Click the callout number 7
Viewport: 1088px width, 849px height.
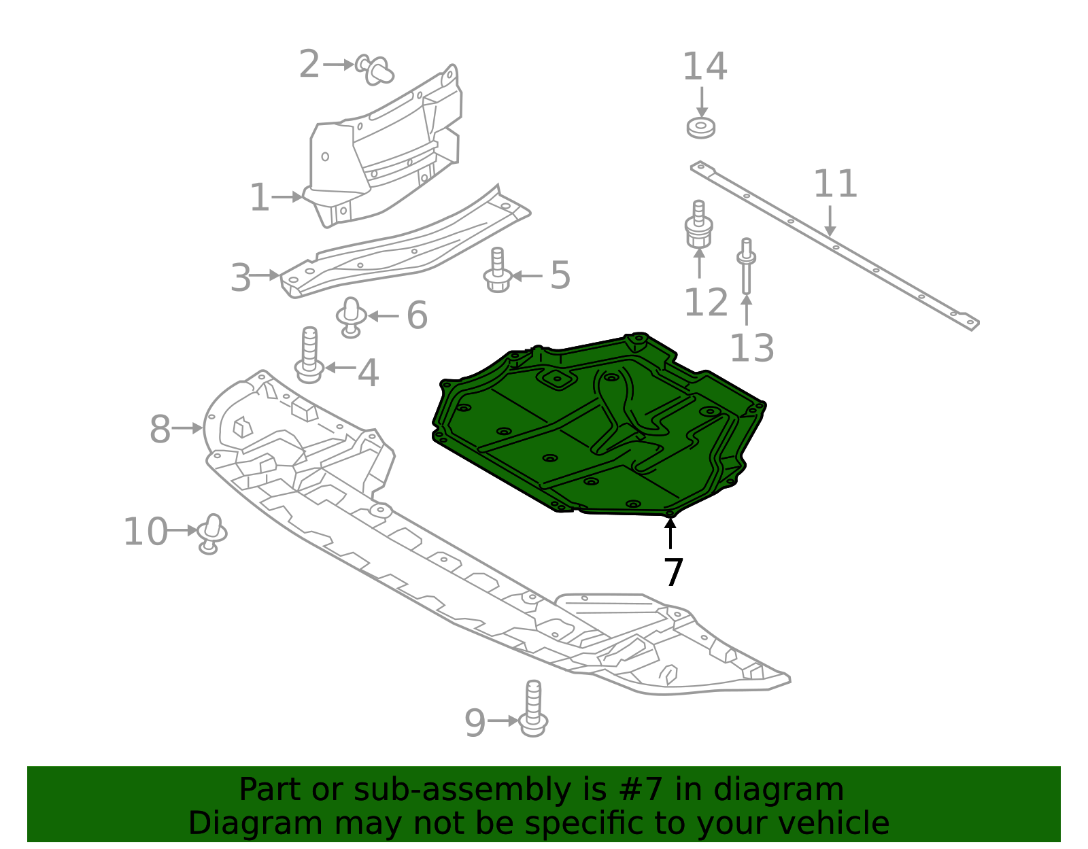673,572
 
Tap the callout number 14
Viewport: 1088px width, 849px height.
704,67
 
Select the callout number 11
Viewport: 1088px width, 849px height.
835,184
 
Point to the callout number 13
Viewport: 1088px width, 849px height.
751,348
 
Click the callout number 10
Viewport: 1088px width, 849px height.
145,532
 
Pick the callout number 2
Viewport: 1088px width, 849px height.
309,65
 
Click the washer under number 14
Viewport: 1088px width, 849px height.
700,127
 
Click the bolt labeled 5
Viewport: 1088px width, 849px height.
498,271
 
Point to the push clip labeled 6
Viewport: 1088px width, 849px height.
351,317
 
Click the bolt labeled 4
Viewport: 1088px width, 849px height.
309,356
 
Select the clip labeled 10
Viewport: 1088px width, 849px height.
211,534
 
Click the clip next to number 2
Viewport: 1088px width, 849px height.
375,69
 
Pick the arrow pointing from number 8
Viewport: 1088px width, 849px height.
187,428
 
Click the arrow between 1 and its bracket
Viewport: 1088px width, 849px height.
287,197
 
